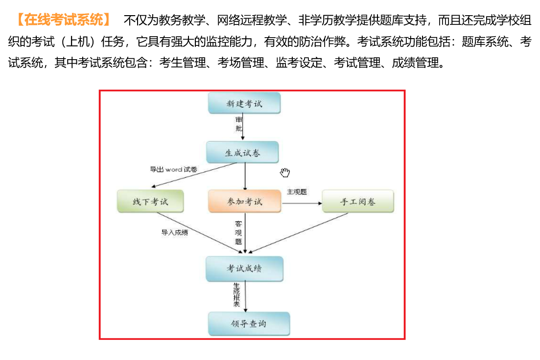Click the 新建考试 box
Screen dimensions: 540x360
(244, 103)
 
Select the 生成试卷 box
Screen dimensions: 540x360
(242, 152)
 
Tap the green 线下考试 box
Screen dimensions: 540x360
(150, 201)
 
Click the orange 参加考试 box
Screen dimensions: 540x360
(244, 201)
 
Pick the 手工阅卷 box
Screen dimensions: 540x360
(358, 201)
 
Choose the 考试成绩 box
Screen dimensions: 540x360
(244, 269)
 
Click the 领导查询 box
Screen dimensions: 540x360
(249, 323)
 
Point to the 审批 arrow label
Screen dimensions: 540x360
(238, 124)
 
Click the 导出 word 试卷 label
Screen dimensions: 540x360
(174, 169)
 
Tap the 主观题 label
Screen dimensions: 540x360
(297, 192)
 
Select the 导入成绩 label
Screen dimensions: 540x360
(175, 232)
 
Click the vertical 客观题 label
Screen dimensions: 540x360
(238, 233)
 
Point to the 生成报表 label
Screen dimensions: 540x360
(236, 294)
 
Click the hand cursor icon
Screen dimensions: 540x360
(285, 172)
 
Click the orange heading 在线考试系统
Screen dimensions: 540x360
(64, 20)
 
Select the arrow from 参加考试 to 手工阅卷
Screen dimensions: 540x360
(302, 203)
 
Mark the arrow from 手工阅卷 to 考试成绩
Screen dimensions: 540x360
(298, 233)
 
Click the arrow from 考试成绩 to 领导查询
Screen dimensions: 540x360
(246, 296)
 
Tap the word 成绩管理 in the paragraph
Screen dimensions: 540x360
(415, 63)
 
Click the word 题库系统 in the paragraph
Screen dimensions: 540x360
(485, 42)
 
